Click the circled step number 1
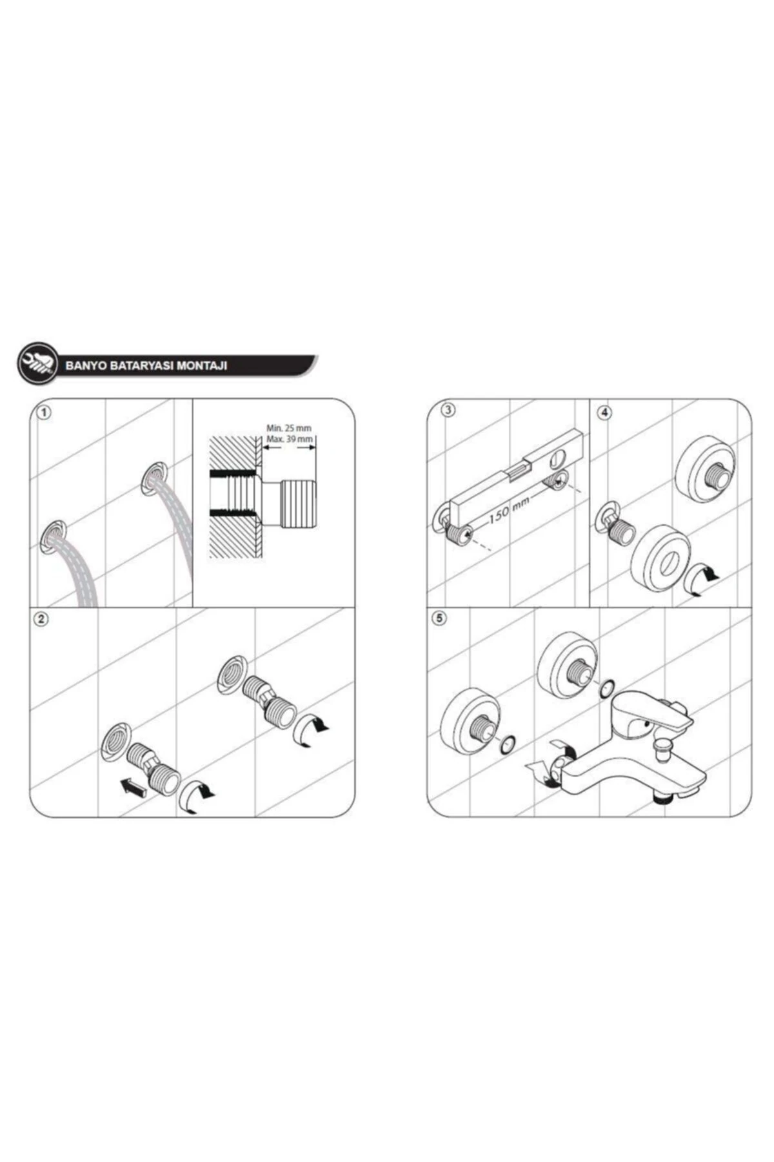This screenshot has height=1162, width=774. pos(42,413)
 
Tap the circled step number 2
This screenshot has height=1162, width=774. pos(42,619)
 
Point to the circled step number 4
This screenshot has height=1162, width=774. pos(604,413)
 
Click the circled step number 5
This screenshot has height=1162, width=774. pos(441,618)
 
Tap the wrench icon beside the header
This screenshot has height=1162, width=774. pos(35,364)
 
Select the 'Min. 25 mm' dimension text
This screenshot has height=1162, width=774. pos(288,428)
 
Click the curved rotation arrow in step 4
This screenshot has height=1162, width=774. pos(700,577)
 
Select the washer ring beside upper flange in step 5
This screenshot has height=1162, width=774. pos(606,689)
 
